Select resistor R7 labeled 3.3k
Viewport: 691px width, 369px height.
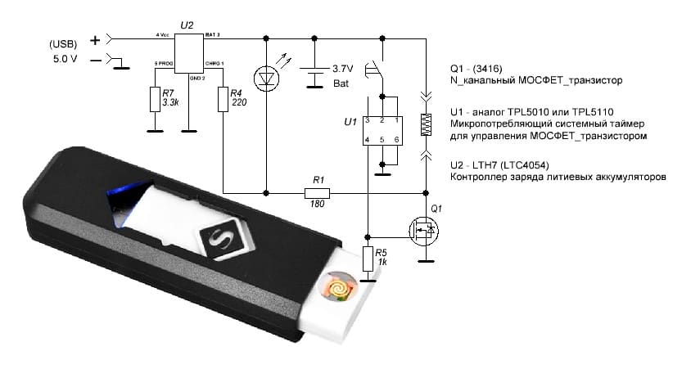tap(154, 99)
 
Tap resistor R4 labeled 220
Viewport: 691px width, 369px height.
tap(224, 99)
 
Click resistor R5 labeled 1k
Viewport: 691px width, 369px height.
tap(368, 259)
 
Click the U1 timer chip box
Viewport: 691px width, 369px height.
tap(382, 130)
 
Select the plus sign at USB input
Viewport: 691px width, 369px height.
tap(95, 38)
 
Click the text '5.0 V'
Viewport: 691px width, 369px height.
tap(67, 59)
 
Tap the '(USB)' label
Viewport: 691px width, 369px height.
tap(66, 43)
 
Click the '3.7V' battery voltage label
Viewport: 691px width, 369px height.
tap(341, 69)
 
